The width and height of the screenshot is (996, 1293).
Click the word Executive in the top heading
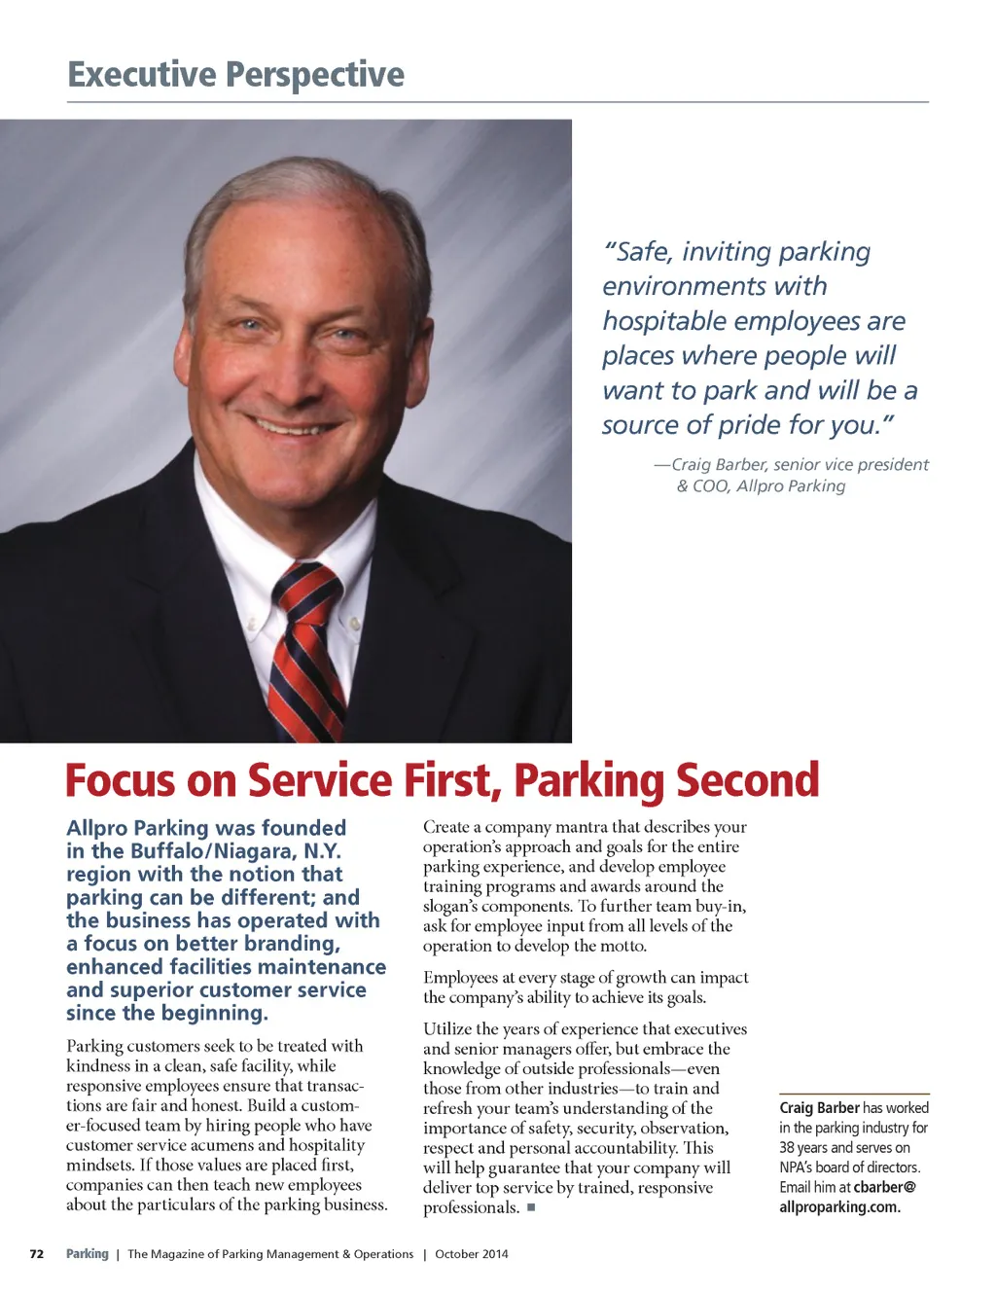coord(142,75)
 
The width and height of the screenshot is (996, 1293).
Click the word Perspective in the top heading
coord(315,75)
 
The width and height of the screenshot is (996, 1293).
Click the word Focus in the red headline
coord(121,781)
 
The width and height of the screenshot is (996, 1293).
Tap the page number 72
coord(37,1254)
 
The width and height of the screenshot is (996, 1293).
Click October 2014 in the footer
coord(472,1254)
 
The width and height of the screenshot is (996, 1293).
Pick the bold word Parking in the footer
coord(88,1254)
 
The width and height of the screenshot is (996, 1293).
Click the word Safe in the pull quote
coord(642,252)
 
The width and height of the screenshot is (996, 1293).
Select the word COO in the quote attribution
coord(710,486)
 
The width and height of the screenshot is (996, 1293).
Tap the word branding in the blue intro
coord(291,944)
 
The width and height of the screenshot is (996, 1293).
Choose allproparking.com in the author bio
coord(839,1207)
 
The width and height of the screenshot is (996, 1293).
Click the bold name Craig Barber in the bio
coord(819,1108)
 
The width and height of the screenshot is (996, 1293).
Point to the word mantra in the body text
coord(583,827)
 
